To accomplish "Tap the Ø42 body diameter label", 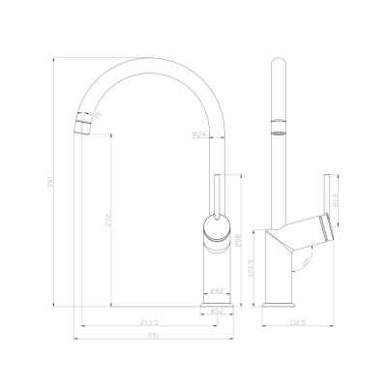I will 217,289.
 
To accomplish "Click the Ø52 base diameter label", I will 217,312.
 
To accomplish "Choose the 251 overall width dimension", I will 153,337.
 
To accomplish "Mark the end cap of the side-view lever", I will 330,228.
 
